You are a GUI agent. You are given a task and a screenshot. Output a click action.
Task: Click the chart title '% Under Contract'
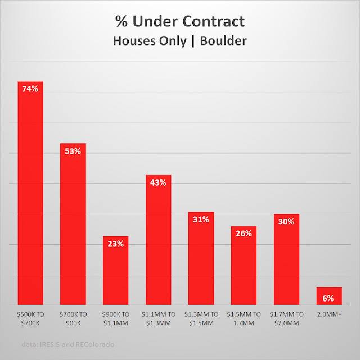coord(180,22)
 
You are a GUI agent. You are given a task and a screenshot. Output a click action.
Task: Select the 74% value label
coord(30,88)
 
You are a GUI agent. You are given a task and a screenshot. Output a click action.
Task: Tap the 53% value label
coord(73,151)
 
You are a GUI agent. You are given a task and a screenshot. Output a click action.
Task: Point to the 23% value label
coord(116,244)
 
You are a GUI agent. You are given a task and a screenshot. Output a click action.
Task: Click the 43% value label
coord(159,182)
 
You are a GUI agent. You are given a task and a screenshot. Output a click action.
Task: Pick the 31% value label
coord(201,219)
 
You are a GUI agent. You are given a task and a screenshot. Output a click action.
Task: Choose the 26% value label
coord(244,233)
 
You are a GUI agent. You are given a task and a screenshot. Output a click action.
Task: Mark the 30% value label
coord(286,222)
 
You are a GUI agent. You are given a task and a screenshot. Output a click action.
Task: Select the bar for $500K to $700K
coord(30,197)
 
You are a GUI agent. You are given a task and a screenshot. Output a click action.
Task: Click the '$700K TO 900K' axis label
coord(73,318)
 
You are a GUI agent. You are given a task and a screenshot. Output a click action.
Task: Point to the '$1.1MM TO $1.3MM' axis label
coord(159,318)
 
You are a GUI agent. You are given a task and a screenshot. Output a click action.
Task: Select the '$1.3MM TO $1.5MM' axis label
coord(201,318)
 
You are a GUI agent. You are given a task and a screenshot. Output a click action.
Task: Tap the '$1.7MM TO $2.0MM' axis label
coord(286,318)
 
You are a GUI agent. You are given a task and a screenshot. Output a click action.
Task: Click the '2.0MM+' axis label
coord(329,314)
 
